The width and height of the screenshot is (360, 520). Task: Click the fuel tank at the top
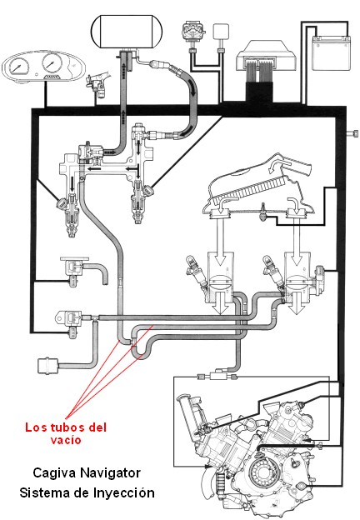127,31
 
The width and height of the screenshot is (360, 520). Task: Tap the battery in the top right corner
331,53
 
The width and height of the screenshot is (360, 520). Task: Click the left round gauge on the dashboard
17,66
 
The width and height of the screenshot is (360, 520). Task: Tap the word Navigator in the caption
110,472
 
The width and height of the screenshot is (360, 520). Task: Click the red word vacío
66,440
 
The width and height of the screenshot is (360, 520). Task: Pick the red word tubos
67,427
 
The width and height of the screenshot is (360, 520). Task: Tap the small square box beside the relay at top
221,32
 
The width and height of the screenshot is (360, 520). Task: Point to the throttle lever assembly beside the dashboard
97,83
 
